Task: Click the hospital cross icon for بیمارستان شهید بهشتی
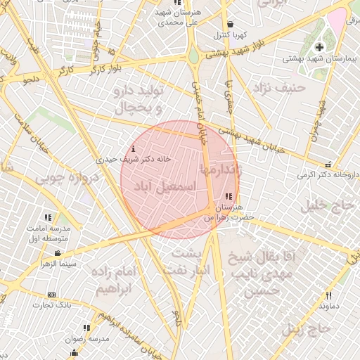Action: (320, 47)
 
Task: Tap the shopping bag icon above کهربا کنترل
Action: (230, 24)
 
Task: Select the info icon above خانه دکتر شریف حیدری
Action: (134, 148)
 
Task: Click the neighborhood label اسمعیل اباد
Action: (169, 191)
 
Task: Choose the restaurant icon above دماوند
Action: (328, 296)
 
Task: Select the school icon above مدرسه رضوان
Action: (87, 328)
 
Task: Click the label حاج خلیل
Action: (325, 206)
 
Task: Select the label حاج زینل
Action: (306, 328)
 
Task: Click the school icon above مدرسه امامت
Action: (49, 219)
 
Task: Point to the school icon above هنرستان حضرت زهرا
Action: (227, 197)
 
